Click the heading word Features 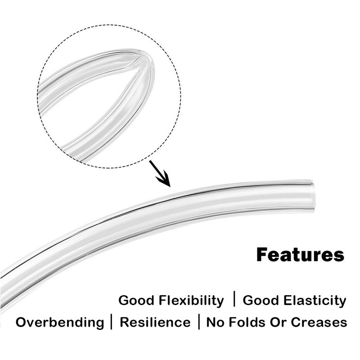[x=300, y=255]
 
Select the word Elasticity [x=315, y=301]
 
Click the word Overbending [x=60, y=322]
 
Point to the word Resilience [x=155, y=322]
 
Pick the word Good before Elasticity [x=261, y=300]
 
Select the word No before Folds [x=216, y=322]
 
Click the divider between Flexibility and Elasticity [x=234, y=299]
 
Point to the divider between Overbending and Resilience [x=112, y=322]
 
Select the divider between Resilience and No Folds [x=199, y=322]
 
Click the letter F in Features [x=261, y=255]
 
